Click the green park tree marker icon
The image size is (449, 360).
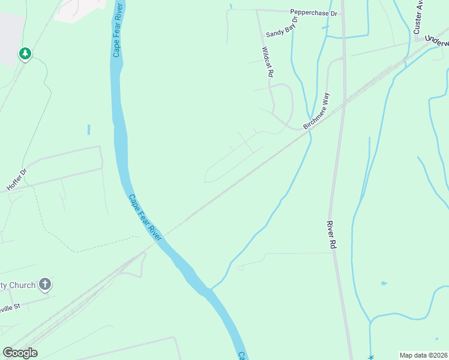[x=25, y=54]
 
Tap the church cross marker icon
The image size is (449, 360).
[x=45, y=284]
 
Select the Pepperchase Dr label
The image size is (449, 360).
[x=314, y=12]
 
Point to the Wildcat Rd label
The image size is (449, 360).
[x=268, y=62]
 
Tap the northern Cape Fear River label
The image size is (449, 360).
[x=118, y=30]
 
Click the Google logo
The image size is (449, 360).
[x=20, y=353]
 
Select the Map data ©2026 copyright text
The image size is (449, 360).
[x=423, y=355]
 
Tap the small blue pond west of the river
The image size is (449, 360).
[x=88, y=130]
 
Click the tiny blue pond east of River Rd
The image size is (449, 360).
[x=384, y=283]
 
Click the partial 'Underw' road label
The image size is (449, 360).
[x=436, y=39]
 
